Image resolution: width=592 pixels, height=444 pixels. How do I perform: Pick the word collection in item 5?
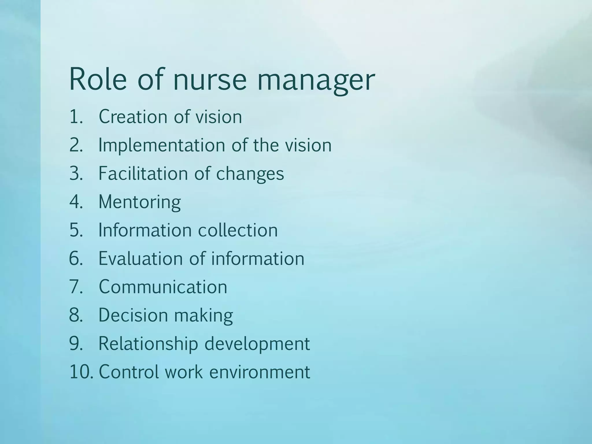click(x=238, y=230)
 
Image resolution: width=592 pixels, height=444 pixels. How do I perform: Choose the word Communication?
click(x=163, y=287)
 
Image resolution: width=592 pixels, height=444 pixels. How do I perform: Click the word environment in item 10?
click(x=259, y=372)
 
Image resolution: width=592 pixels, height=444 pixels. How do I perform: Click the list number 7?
click(x=76, y=287)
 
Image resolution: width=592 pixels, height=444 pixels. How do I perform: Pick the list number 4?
click(x=76, y=202)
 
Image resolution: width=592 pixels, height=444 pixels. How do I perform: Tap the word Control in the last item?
click(x=129, y=372)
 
